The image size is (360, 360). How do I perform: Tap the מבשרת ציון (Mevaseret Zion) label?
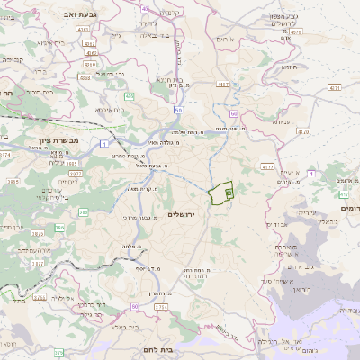point(59,141)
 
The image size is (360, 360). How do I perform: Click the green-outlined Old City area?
point(221,193)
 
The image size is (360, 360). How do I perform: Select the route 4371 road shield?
point(335,88)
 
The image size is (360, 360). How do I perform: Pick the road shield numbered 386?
point(85,213)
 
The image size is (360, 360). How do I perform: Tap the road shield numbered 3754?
point(161,308)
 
